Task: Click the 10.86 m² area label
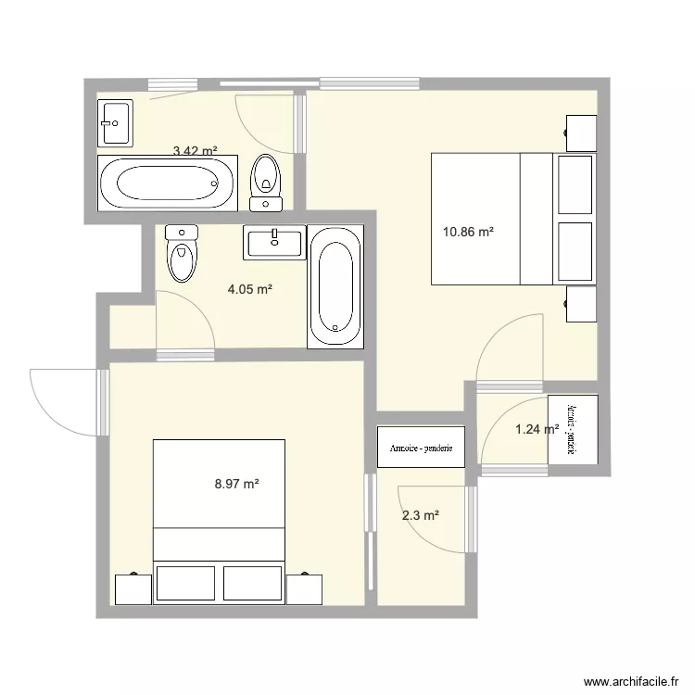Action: [x=468, y=233]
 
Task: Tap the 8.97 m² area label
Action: [x=236, y=483]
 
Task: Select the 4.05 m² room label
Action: [x=250, y=289]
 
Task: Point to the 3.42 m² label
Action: [x=195, y=150]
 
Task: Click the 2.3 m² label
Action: [x=420, y=516]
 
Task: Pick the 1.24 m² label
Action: [x=536, y=429]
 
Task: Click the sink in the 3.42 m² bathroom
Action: [x=116, y=122]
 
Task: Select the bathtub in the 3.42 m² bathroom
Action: [x=168, y=183]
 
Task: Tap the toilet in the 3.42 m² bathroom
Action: [x=266, y=183]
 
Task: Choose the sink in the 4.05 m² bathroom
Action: [x=274, y=242]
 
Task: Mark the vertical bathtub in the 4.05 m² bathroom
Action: [x=335, y=284]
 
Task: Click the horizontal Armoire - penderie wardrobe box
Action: [x=421, y=447]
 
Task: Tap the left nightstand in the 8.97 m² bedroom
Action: [x=133, y=588]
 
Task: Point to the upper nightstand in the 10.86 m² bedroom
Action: [x=581, y=133]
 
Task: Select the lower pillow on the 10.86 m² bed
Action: [x=575, y=250]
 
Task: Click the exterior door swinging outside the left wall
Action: [x=65, y=400]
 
